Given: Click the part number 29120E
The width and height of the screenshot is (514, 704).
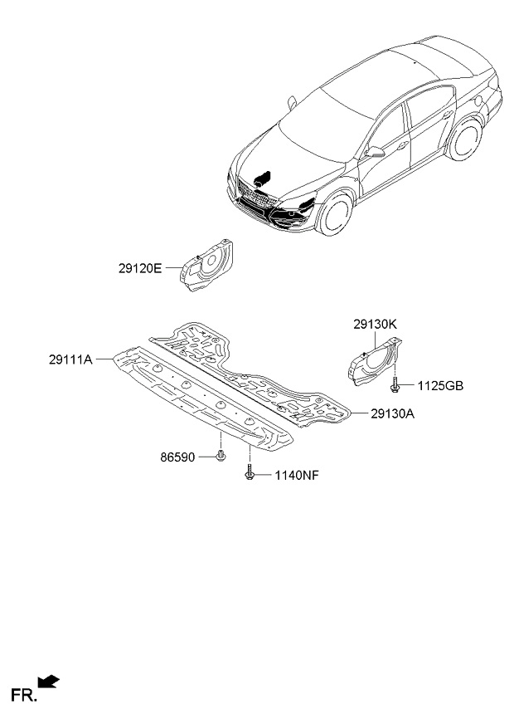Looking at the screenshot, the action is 140,268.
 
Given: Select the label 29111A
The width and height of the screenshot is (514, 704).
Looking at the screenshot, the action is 70,359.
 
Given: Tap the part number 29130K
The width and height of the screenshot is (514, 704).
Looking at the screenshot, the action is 375,324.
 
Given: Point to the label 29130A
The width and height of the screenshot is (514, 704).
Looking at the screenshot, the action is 392,413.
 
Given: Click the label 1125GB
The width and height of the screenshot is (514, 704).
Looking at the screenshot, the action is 440,386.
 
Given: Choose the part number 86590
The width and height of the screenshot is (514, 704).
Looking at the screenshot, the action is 177,457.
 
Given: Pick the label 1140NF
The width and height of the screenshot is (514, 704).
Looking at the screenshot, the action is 297,476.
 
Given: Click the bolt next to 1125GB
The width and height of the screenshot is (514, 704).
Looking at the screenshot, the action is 395,384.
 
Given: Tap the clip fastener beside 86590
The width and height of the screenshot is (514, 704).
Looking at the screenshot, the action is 221,455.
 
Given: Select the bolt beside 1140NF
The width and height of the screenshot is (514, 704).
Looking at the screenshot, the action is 250,472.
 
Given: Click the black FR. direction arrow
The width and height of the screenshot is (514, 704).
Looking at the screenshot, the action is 48,681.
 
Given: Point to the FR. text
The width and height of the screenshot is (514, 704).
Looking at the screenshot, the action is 22,695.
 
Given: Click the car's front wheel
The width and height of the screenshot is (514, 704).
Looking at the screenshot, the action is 335,213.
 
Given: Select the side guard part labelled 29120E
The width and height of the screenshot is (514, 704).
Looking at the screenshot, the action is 206,266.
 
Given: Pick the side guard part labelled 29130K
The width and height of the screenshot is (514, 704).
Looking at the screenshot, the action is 375,362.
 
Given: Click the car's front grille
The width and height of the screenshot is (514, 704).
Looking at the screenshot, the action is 255,195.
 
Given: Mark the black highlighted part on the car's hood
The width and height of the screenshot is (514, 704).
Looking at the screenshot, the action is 262,178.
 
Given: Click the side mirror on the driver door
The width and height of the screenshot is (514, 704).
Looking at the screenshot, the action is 375,152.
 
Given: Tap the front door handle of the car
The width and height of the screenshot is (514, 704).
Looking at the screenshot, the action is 402,145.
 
